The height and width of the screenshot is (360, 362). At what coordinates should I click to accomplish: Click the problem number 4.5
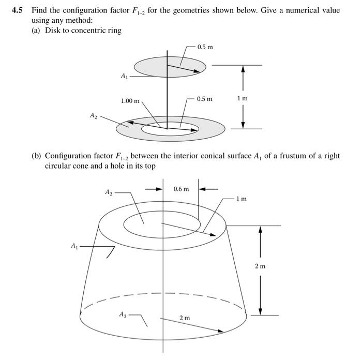[x=19, y=10]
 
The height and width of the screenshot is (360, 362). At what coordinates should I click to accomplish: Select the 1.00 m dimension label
[x=130, y=100]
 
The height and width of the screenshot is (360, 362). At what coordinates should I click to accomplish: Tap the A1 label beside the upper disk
[x=124, y=77]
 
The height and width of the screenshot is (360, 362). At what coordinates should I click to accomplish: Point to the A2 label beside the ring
[x=93, y=116]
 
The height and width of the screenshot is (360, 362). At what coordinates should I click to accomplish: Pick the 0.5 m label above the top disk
[x=205, y=47]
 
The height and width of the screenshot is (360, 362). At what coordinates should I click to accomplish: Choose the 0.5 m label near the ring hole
[x=204, y=98]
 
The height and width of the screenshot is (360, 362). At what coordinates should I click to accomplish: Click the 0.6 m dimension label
[x=181, y=189]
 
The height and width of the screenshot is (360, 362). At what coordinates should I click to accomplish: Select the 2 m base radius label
[x=185, y=317]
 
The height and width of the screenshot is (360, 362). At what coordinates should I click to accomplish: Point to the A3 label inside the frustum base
[x=122, y=314]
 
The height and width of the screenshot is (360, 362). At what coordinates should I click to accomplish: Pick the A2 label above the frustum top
[x=109, y=192]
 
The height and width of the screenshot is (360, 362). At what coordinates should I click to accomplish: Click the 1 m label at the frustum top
[x=241, y=199]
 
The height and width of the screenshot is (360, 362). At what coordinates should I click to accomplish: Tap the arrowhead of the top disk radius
[x=197, y=71]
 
